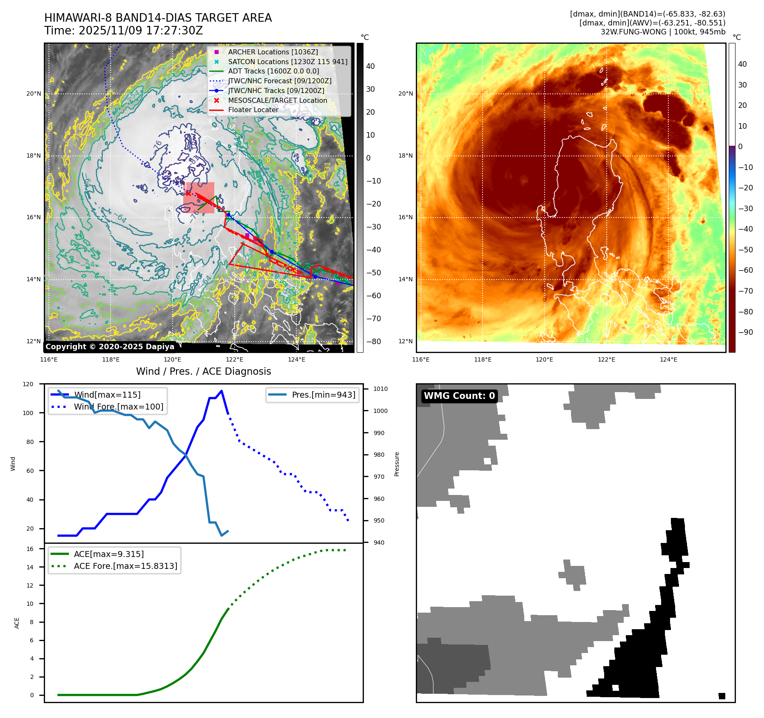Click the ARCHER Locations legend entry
tap(273, 52)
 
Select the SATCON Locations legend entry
tap(287, 62)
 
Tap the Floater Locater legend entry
tap(253, 110)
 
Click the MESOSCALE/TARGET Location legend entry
tap(278, 100)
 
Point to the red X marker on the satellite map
tap(188, 193)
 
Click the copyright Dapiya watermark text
tap(110, 347)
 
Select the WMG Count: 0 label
tap(459, 396)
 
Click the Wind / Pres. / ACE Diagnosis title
tap(203, 371)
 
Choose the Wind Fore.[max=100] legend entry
tap(118, 407)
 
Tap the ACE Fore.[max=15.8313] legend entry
tap(125, 566)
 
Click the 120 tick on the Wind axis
tap(28, 384)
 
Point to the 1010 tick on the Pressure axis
tap(380, 389)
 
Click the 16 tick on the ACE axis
tap(30, 549)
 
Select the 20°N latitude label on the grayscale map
tap(34, 94)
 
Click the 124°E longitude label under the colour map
tap(668, 359)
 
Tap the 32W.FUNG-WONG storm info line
tap(663, 32)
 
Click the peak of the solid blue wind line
tap(222, 391)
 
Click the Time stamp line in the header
tap(124, 31)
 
